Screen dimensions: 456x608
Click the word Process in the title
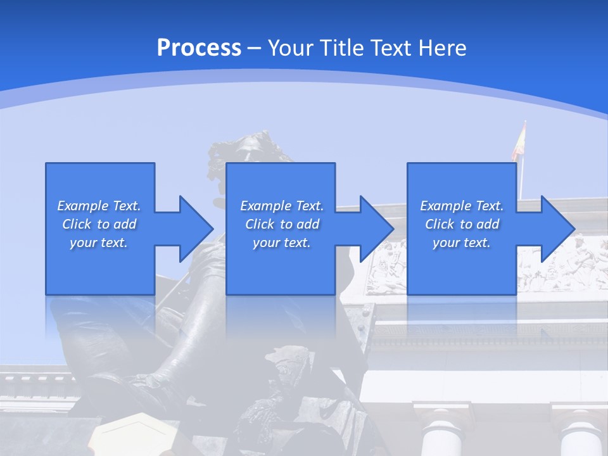pos(199,47)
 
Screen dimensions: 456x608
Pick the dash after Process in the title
pos(255,49)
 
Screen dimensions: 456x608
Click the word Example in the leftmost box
pos(83,206)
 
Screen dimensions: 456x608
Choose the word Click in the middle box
pos(259,224)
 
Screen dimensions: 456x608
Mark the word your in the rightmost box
pos(446,243)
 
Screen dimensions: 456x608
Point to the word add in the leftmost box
pos(125,224)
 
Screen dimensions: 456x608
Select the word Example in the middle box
pos(266,206)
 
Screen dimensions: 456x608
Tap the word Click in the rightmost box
pos(439,224)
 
